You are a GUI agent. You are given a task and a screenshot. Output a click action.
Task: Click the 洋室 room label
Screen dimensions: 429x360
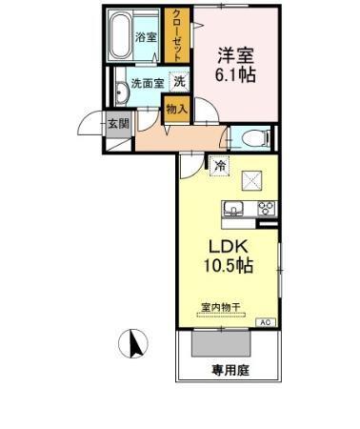pyautogui.click(x=238, y=54)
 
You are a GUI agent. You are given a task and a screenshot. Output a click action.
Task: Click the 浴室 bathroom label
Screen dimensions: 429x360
pyautogui.click(x=146, y=38)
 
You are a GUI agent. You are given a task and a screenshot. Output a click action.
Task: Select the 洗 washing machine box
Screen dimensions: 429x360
pyautogui.click(x=179, y=83)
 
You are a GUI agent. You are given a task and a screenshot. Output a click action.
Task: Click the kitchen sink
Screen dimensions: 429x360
pyautogui.click(x=232, y=210)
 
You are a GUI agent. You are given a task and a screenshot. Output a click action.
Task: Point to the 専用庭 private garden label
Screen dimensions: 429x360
pyautogui.click(x=229, y=368)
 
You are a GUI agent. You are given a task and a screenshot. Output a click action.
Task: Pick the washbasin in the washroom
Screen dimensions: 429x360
pyautogui.click(x=122, y=92)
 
